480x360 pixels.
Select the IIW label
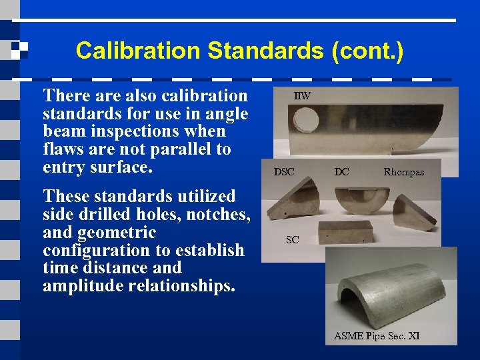[x=303, y=96]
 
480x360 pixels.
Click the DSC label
[x=284, y=172]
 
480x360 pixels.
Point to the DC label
[x=341, y=172]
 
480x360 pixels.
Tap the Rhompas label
[x=403, y=172]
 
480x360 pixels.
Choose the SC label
[x=292, y=240]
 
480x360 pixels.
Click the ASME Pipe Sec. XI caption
[x=377, y=336]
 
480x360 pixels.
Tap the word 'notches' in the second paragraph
[x=219, y=215]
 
